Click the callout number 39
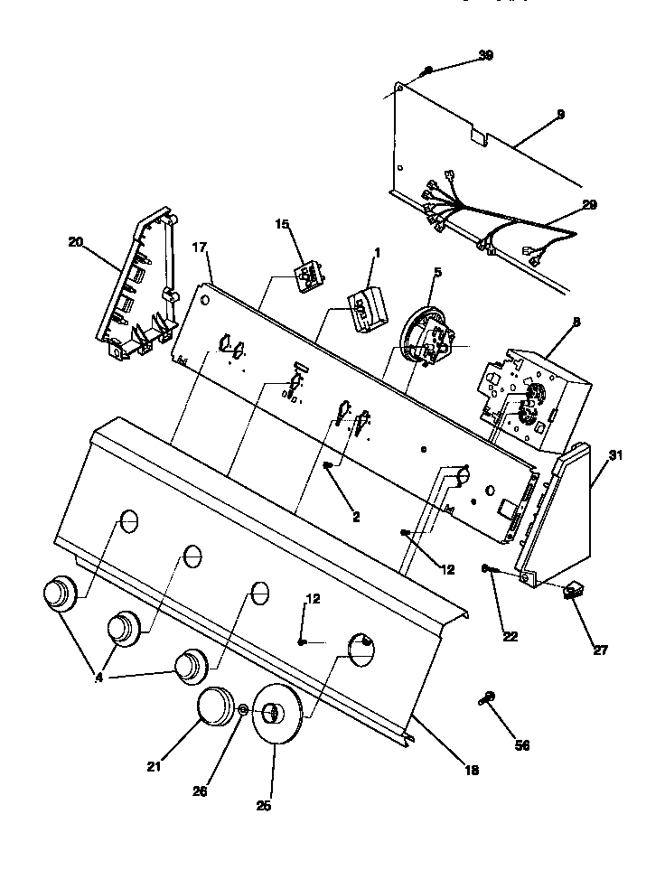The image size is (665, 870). [x=485, y=55]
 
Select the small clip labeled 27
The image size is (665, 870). [x=572, y=592]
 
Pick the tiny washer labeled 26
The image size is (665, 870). [x=243, y=713]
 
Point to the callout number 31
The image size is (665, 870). [x=615, y=455]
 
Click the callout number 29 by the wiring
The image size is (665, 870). [x=588, y=205]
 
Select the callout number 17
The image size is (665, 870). [x=200, y=246]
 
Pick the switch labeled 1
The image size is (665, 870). [x=365, y=306]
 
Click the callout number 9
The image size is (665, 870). [x=560, y=114]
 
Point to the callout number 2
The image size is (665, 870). [x=355, y=517]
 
